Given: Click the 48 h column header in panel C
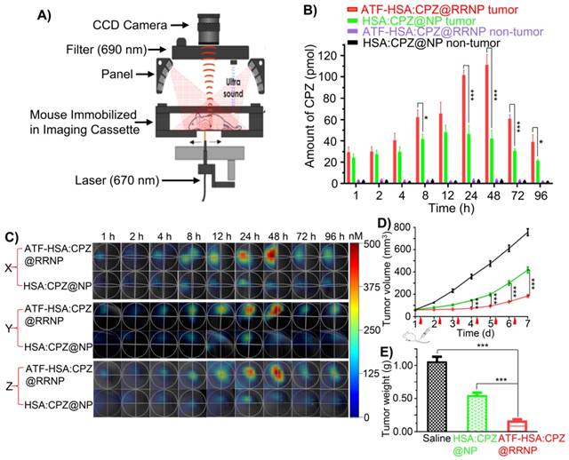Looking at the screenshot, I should pos(276,235).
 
